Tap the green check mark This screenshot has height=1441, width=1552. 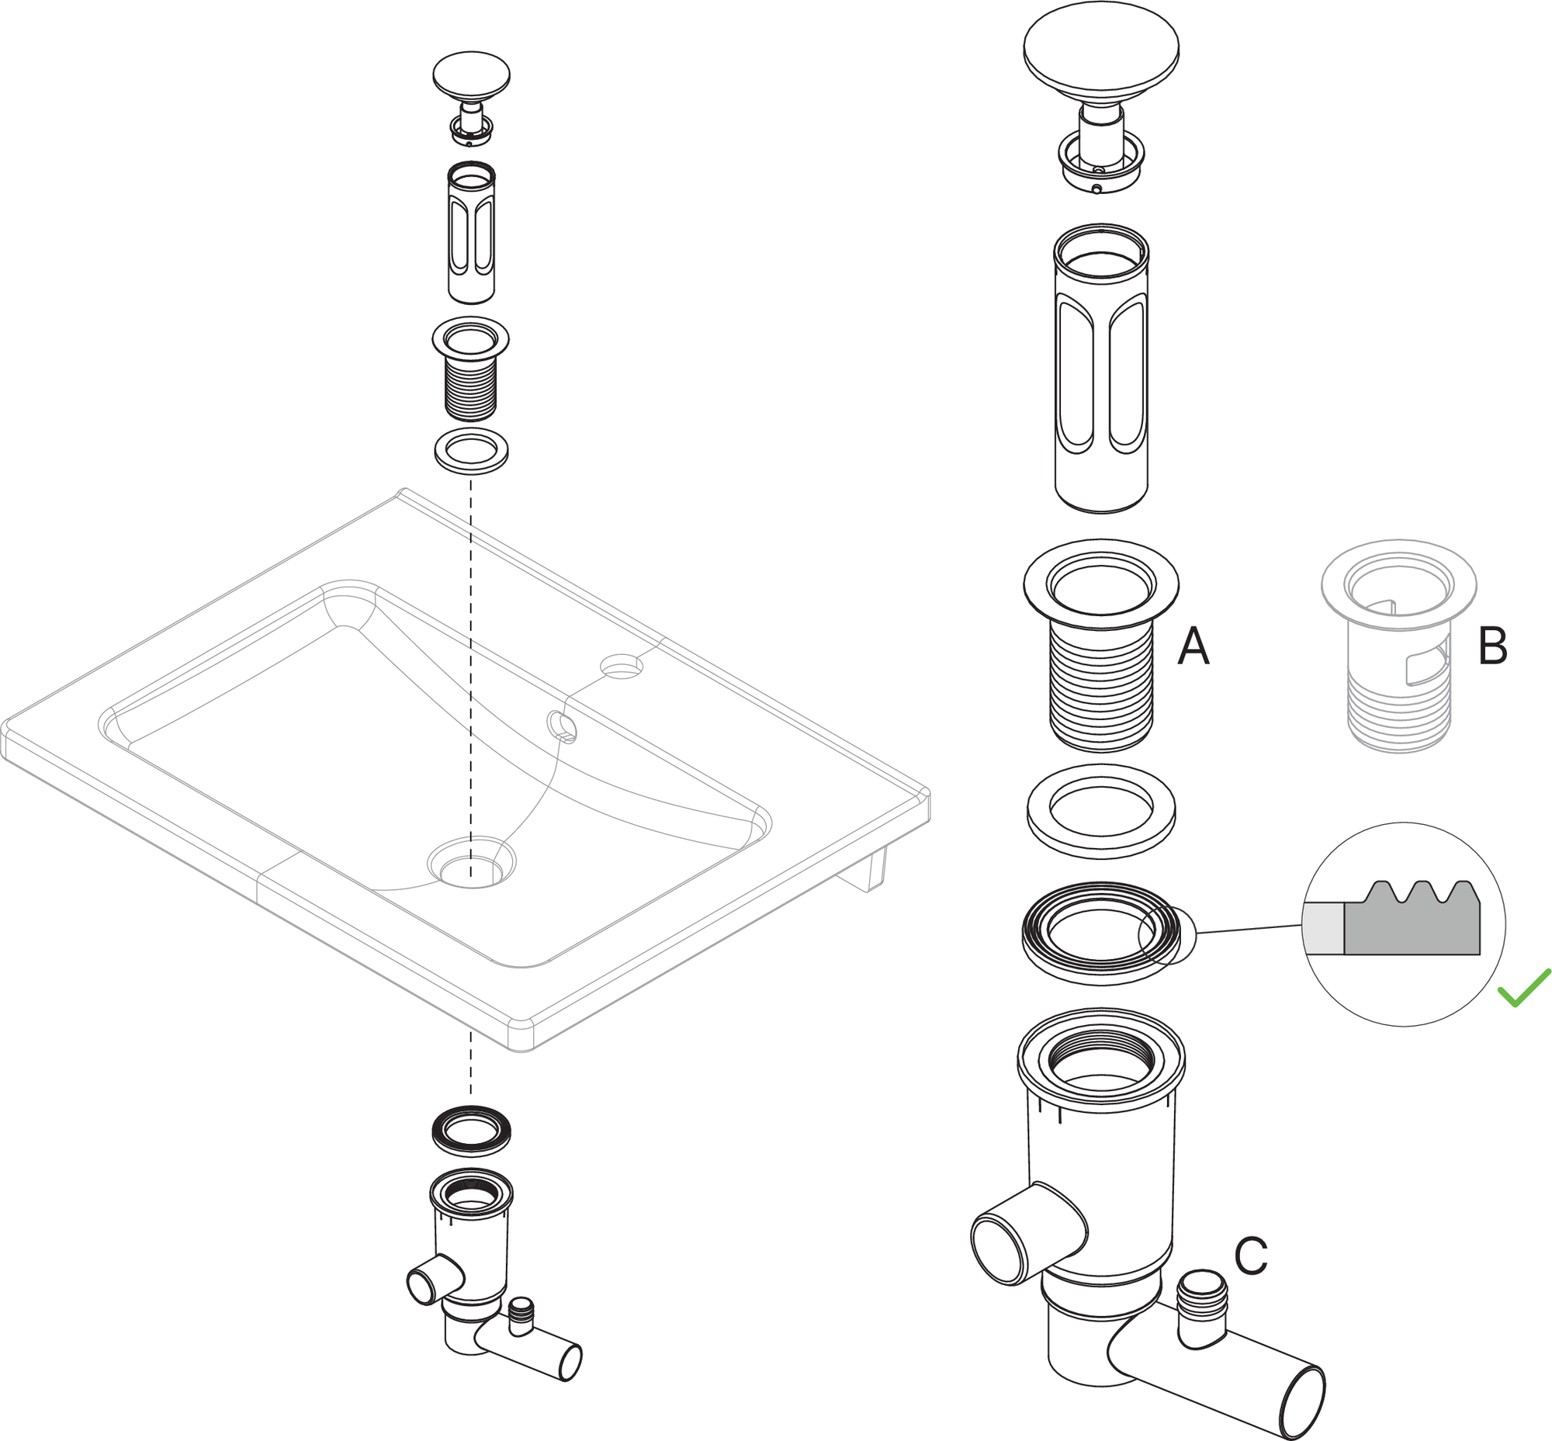click(x=1524, y=988)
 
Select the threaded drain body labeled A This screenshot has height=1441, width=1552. click(x=1100, y=647)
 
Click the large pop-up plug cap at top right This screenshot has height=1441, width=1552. click(x=1100, y=54)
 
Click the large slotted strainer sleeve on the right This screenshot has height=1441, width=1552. click(x=1100, y=370)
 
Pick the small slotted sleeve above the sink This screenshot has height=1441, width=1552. click(x=471, y=234)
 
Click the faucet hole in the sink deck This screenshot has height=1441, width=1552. click(x=622, y=665)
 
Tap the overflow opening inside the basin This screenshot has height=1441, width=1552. click(x=563, y=726)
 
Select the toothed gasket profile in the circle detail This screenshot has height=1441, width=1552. click(x=1412, y=920)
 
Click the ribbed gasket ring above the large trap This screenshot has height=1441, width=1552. click(x=1100, y=933)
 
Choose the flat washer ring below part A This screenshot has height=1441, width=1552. click(x=1100, y=811)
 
